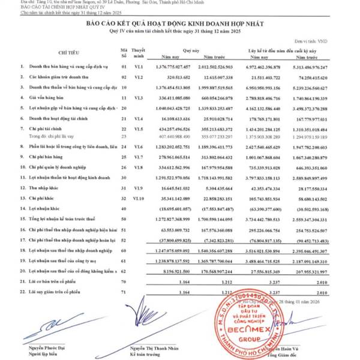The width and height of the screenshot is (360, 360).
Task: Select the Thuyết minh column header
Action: (139, 53)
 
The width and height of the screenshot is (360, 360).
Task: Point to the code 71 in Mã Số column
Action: (124, 292)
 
